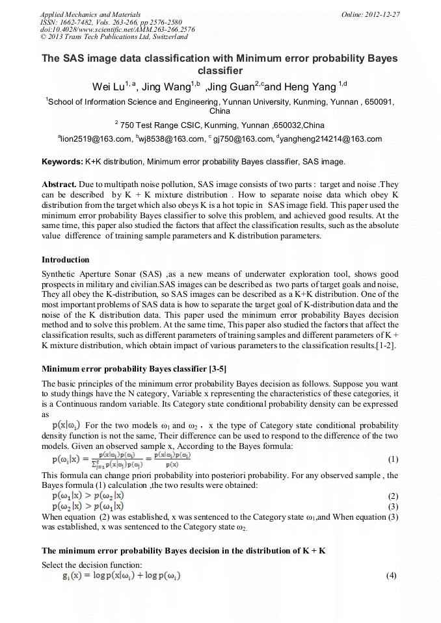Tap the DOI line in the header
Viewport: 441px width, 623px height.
[x=117, y=29]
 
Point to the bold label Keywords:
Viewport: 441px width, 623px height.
[x=62, y=161]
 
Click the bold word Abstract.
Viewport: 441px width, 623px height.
[x=60, y=184]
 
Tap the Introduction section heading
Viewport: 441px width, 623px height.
[x=66, y=260]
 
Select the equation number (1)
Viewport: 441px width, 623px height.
[x=392, y=459]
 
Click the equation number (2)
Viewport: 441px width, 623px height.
[x=392, y=496]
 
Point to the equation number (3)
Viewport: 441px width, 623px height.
[x=392, y=506]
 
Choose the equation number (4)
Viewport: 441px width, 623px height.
[x=391, y=576]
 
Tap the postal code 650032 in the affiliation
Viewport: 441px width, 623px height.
[x=288, y=125]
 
